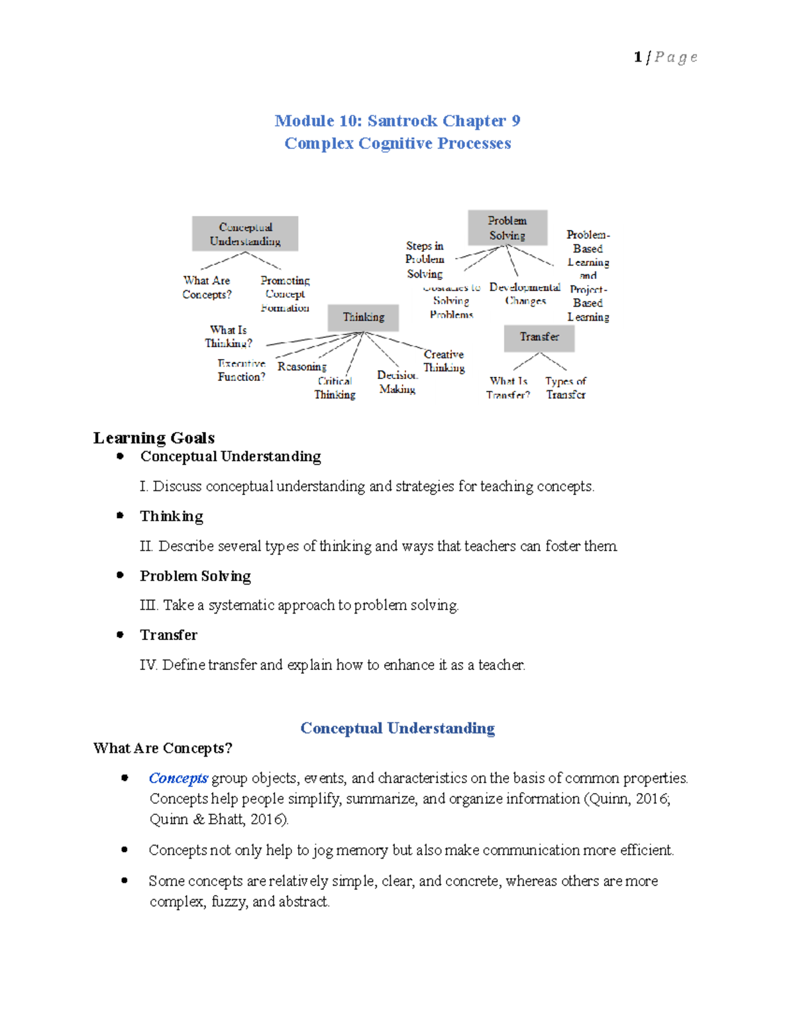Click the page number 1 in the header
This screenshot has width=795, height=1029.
pos(637,57)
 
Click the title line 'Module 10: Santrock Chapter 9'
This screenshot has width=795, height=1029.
pos(397,121)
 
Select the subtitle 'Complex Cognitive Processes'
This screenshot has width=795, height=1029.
pos(397,143)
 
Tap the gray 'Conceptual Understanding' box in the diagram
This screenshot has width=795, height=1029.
pos(245,234)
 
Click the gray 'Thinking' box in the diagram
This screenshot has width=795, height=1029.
pos(364,317)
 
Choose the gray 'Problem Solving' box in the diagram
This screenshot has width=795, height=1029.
pos(507,228)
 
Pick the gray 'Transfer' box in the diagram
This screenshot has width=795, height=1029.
pos(539,337)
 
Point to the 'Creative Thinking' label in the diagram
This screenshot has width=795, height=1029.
pos(444,361)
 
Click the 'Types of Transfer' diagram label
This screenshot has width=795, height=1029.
pos(566,388)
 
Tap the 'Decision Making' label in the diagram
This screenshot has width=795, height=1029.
pos(397,382)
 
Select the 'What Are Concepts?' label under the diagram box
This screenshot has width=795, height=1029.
pos(207,288)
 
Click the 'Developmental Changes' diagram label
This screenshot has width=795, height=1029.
pos(525,294)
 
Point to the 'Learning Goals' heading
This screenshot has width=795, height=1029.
pos(154,438)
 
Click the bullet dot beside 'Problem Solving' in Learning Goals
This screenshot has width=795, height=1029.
pos(120,575)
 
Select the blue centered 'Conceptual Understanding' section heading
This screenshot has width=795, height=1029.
pos(397,728)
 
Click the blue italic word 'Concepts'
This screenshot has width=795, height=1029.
pos(178,778)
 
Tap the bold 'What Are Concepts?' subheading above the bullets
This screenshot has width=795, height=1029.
pos(163,748)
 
